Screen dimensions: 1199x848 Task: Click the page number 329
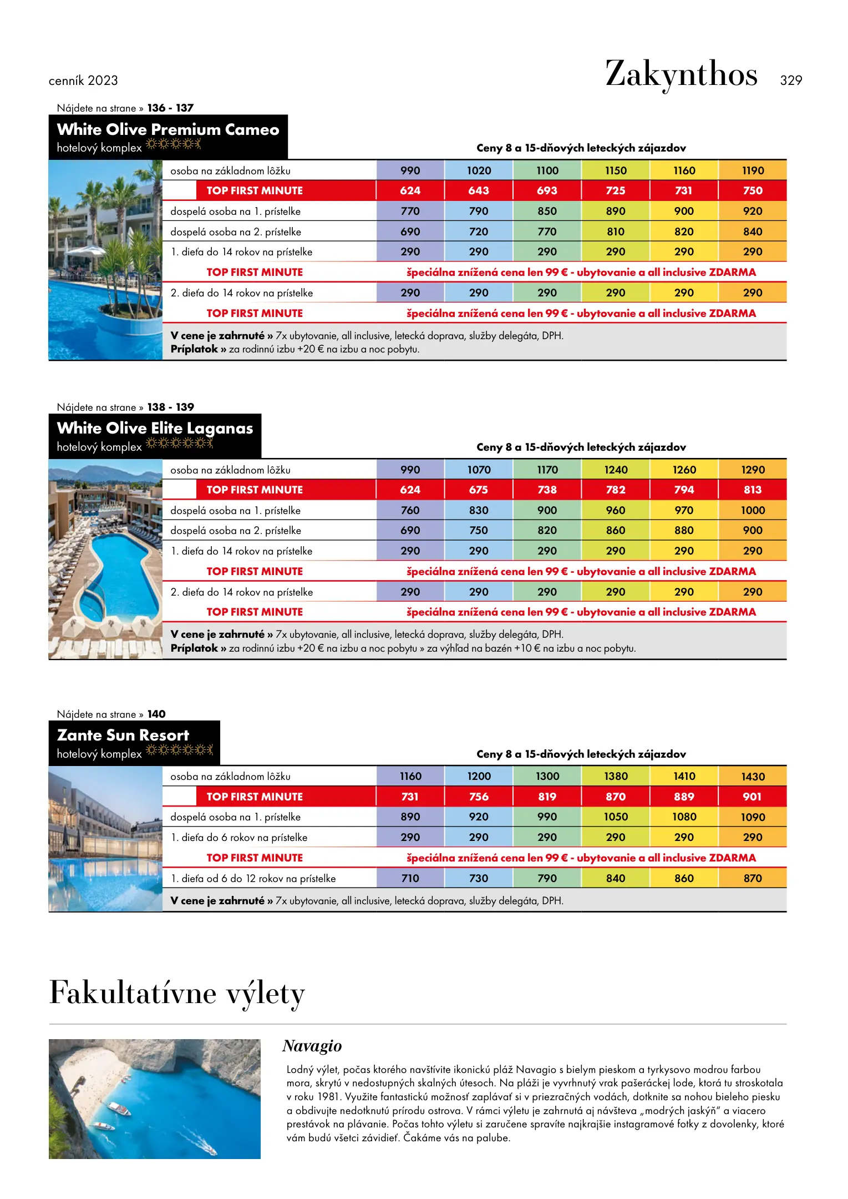pos(790,80)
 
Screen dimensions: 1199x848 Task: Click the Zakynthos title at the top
pos(681,74)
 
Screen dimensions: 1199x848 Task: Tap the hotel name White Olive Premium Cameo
pos(167,129)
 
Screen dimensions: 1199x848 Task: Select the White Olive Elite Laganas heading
pos(155,428)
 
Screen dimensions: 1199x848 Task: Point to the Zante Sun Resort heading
pos(123,735)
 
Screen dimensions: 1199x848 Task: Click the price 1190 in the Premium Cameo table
pos(753,170)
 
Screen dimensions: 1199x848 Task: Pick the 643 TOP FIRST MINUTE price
pos(478,190)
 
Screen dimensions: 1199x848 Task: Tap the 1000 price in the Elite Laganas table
pos(753,510)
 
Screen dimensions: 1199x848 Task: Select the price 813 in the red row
pos(753,490)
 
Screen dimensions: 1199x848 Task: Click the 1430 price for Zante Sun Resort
pos(753,777)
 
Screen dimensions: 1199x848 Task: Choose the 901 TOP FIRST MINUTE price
pos(752,797)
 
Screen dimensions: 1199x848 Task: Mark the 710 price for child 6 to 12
pos(410,878)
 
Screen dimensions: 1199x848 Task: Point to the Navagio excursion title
pos(312,1046)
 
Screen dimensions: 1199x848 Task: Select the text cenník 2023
pos(83,80)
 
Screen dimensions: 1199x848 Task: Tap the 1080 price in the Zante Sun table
pos(684,817)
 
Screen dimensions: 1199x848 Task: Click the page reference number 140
pos(156,714)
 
